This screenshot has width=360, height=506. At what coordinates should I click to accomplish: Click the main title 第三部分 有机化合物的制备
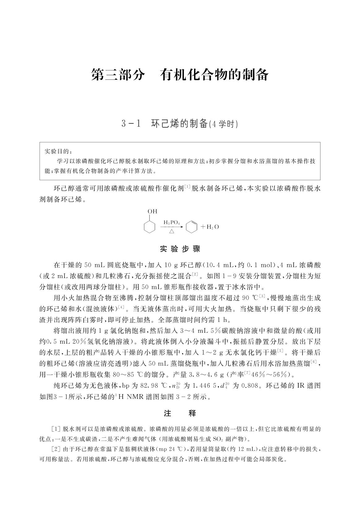(x=180, y=75)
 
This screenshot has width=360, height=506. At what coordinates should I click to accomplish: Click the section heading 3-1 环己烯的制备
(x=180, y=124)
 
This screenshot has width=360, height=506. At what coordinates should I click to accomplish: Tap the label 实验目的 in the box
(x=57, y=151)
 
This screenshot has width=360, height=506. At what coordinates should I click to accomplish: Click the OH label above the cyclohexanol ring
(x=152, y=212)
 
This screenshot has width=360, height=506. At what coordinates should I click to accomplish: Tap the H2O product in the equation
(x=210, y=227)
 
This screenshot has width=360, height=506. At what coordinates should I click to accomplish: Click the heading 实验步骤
(x=180, y=249)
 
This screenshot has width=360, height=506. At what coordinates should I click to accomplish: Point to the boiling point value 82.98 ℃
(x=154, y=386)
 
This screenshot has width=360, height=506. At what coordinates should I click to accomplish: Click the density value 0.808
(x=249, y=386)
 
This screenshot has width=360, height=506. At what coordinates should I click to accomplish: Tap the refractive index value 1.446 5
(x=206, y=386)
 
